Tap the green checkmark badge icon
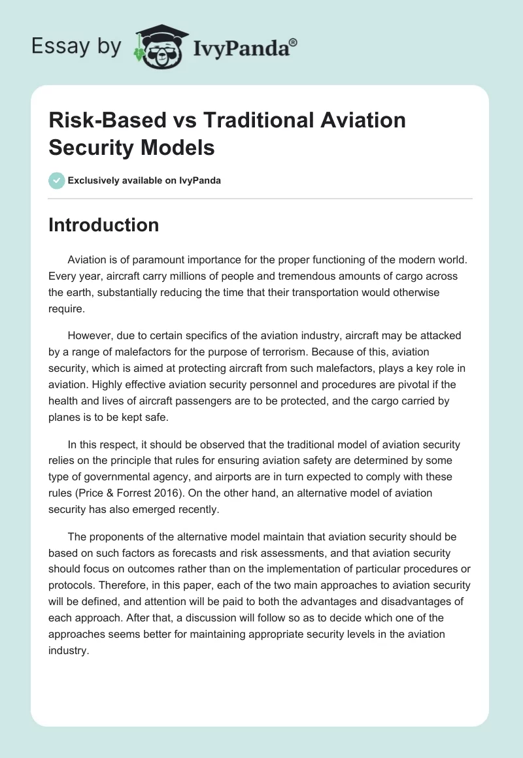coord(57,180)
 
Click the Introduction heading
coord(104,225)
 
